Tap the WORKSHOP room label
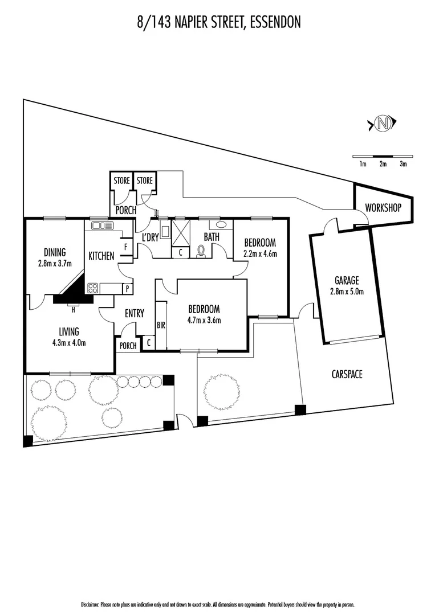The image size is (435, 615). (x=383, y=208)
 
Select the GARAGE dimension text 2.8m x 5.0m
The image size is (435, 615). (x=347, y=292)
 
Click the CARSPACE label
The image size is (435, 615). (x=347, y=374)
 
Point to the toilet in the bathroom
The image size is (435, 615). (x=201, y=251)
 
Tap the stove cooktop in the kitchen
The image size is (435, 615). (x=93, y=288)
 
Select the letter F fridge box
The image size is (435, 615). (x=125, y=248)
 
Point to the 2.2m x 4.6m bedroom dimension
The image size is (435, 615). (x=260, y=253)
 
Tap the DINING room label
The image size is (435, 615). (x=55, y=252)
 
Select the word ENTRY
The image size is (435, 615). (x=134, y=313)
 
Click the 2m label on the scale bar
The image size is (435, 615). (x=383, y=164)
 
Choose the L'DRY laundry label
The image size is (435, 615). (x=149, y=237)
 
